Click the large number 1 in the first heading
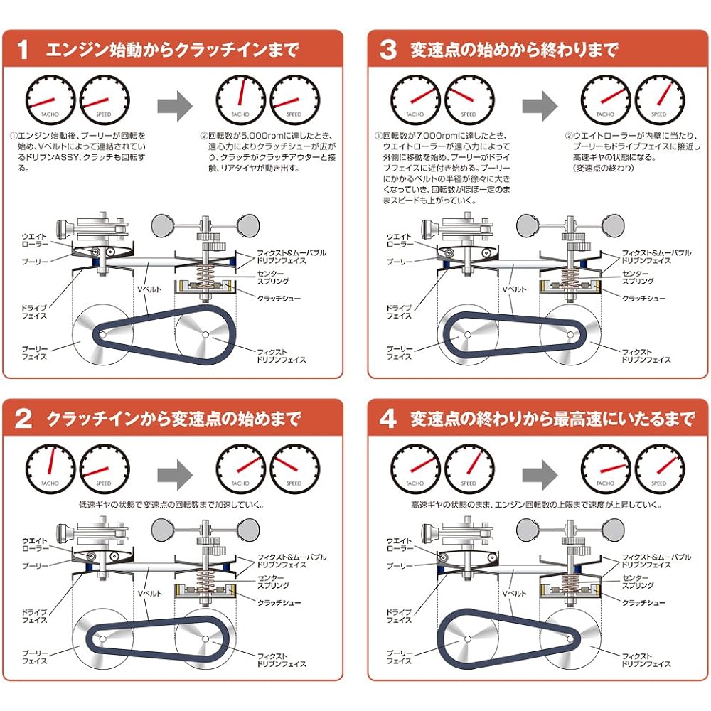coord(23,50)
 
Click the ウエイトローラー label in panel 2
coord(37,545)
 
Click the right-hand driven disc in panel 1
coord(204,334)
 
